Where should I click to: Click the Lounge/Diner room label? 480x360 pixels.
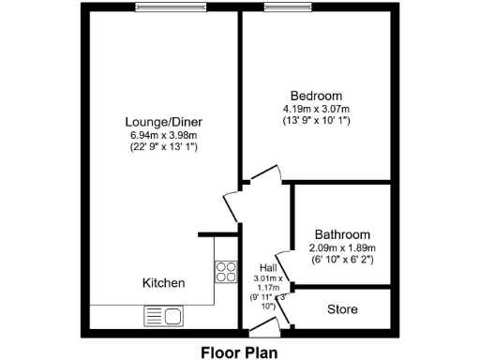(x=164, y=122)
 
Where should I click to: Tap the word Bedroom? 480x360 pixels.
(x=316, y=96)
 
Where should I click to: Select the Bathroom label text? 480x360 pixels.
(x=341, y=234)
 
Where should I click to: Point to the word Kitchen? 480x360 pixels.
(x=163, y=283)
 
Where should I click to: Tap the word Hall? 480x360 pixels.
(x=266, y=267)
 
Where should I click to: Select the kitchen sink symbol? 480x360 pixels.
(x=162, y=317)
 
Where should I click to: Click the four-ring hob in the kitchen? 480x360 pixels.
(x=226, y=272)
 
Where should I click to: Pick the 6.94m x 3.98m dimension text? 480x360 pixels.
(x=164, y=135)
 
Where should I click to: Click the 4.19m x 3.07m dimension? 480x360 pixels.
(x=316, y=109)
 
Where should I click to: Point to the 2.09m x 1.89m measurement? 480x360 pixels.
(x=341, y=247)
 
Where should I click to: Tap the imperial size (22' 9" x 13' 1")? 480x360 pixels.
(x=164, y=147)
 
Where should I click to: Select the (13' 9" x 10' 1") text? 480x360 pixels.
(x=316, y=121)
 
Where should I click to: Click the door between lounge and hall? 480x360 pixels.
(x=232, y=207)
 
